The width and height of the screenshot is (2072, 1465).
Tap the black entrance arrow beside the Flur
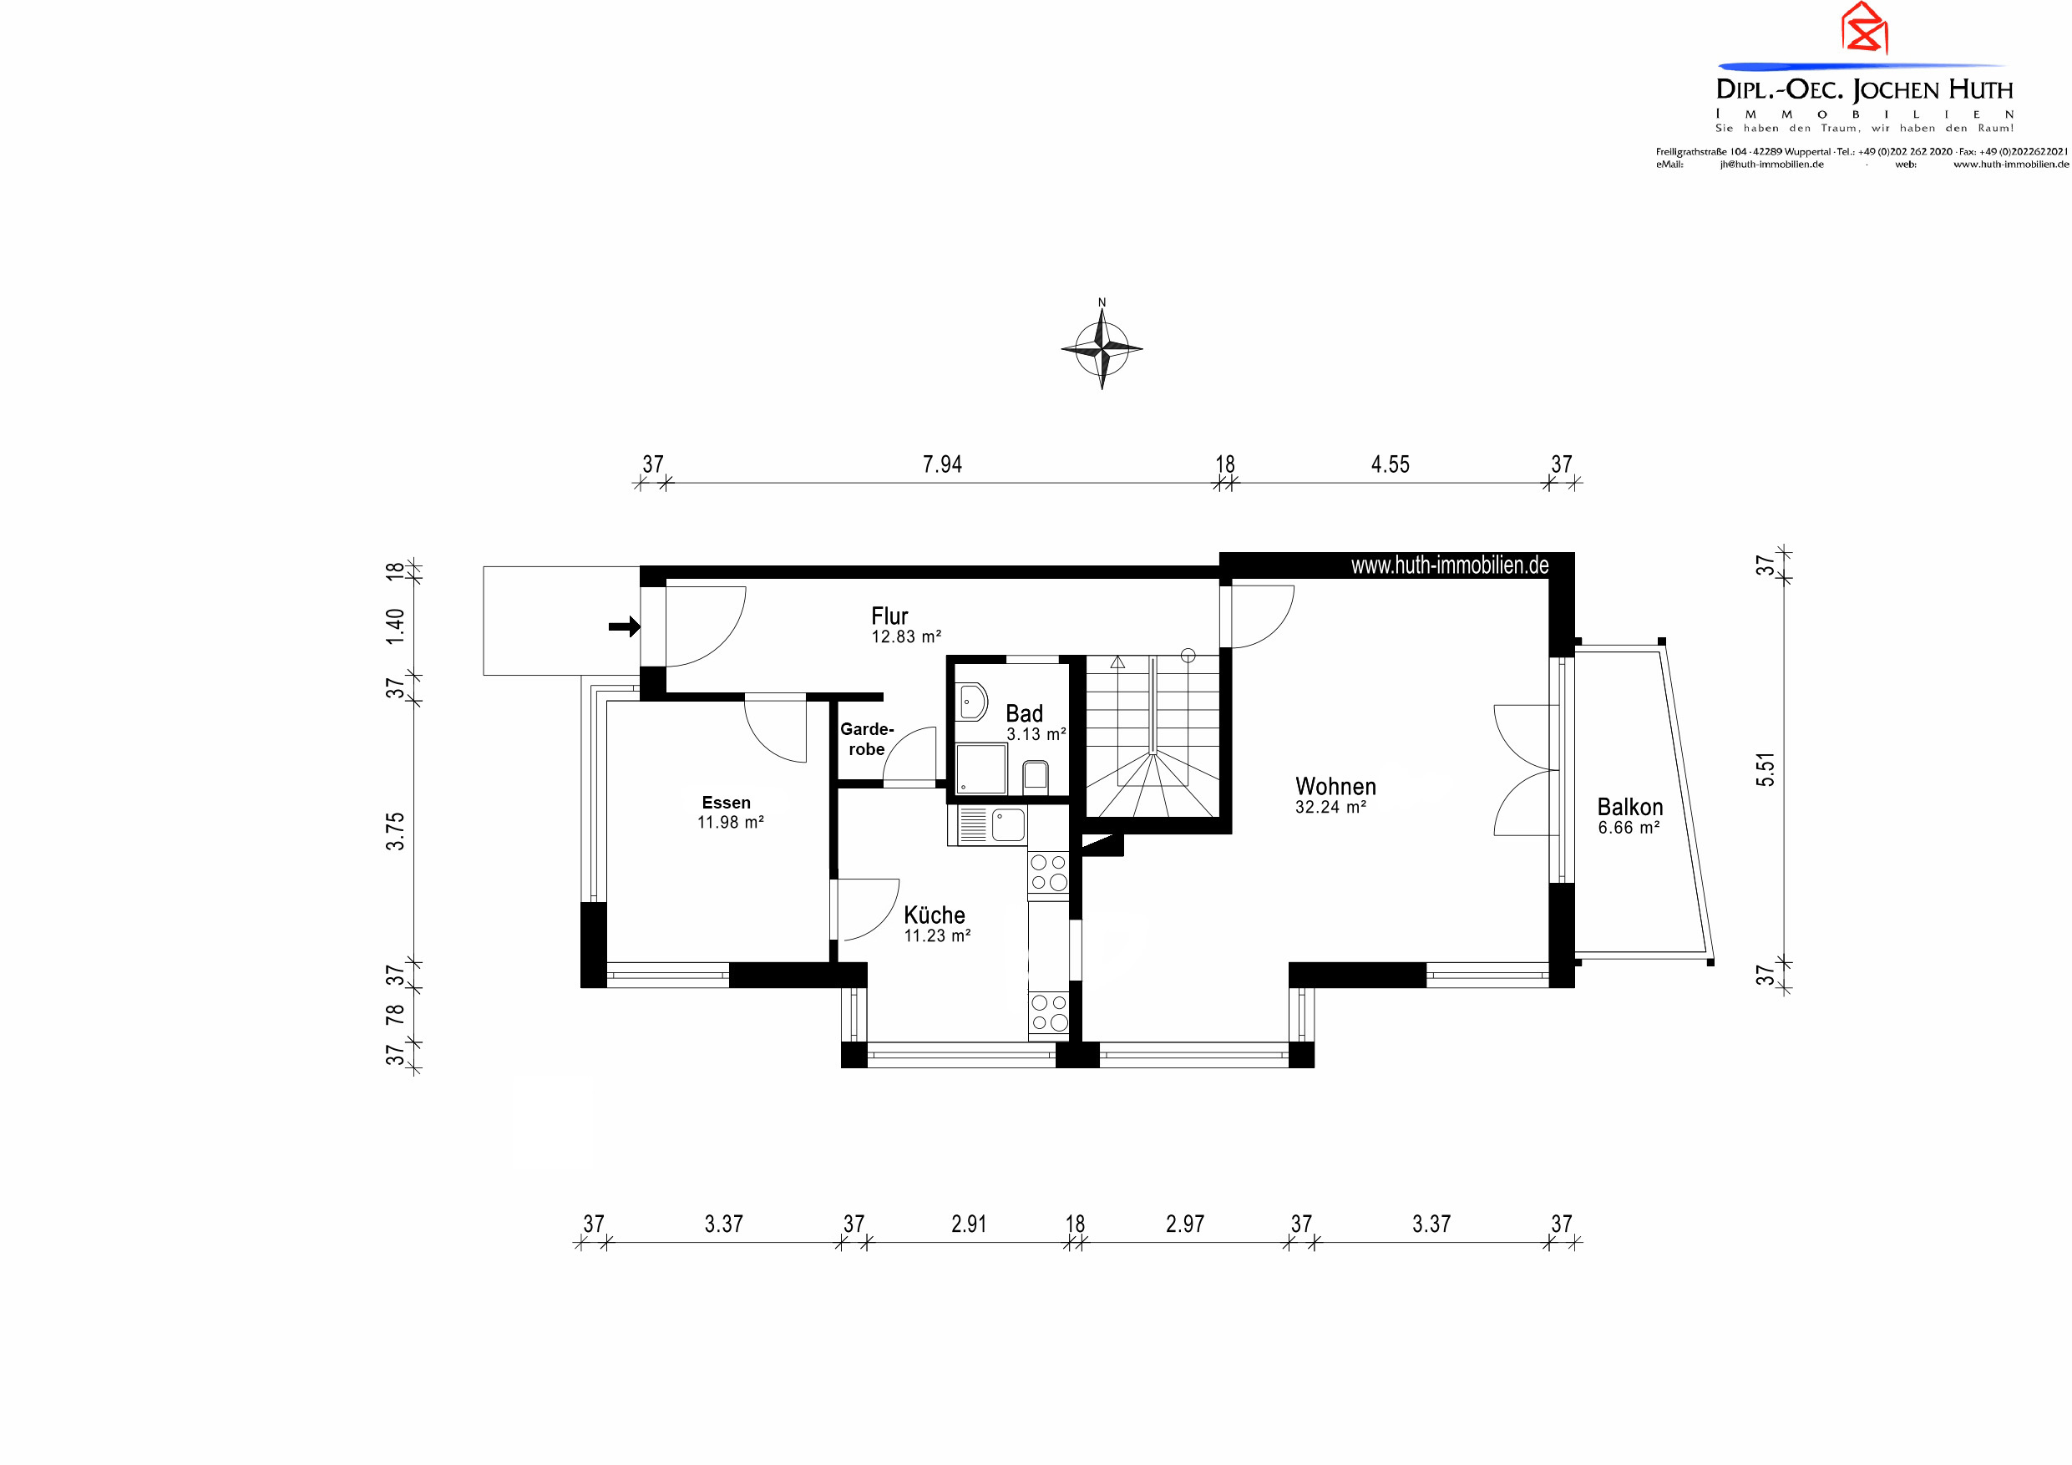pos(625,626)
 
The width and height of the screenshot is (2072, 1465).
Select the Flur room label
pos(889,616)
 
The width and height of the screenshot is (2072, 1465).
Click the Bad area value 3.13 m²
pos(1036,735)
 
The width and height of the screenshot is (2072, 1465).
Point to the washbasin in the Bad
pos(971,702)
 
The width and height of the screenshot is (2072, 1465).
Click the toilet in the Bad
pos(1035,776)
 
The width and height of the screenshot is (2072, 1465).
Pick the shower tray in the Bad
pos(981,769)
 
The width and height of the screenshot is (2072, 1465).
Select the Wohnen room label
pos(1335,786)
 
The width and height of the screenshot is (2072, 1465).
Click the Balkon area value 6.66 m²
pos(1628,828)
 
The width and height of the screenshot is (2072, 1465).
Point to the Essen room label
pos(726,803)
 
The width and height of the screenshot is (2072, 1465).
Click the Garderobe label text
pos(866,738)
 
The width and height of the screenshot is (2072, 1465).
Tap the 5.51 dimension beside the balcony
pos(1766,769)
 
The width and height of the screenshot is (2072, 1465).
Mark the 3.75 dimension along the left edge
pos(395,831)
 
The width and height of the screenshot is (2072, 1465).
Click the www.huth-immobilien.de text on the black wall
pos(1449,565)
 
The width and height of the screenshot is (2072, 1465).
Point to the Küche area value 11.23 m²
pos(937,936)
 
